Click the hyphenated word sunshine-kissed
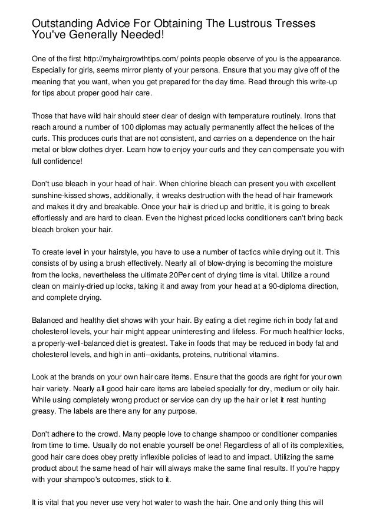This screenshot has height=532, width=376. click(x=58, y=194)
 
